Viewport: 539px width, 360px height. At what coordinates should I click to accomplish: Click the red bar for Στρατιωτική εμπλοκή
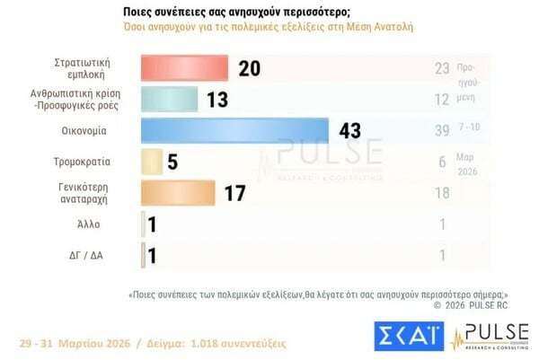184,68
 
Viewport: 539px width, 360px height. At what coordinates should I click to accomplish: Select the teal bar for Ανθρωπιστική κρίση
170,99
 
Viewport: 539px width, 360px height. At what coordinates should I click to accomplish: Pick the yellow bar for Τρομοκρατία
153,162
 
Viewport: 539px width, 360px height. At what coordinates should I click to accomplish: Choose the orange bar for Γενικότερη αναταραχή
178,193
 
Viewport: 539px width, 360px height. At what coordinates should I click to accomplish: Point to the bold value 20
250,68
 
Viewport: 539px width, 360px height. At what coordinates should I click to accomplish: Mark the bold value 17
235,193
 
